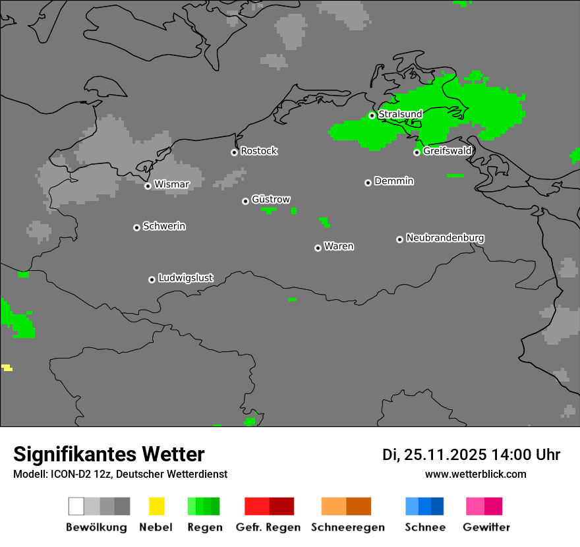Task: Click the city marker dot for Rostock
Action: (x=234, y=152)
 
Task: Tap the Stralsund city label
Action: (x=400, y=114)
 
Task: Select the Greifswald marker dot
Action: (x=417, y=152)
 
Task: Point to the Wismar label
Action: (x=171, y=185)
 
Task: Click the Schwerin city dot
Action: (x=136, y=227)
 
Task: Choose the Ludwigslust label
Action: (x=185, y=278)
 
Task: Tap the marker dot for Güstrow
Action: (x=245, y=201)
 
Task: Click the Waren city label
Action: (x=339, y=246)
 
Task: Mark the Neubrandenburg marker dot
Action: (x=399, y=239)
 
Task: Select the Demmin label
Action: (x=393, y=181)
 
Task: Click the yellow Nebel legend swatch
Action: (x=156, y=506)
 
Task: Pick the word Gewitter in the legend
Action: (x=486, y=527)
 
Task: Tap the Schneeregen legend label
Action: (x=347, y=527)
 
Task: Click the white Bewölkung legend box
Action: (x=76, y=506)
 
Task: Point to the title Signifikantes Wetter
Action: (x=109, y=454)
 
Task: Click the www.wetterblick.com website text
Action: (x=475, y=475)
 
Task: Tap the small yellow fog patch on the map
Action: (x=7, y=367)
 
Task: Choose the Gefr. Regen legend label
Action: (x=268, y=527)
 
